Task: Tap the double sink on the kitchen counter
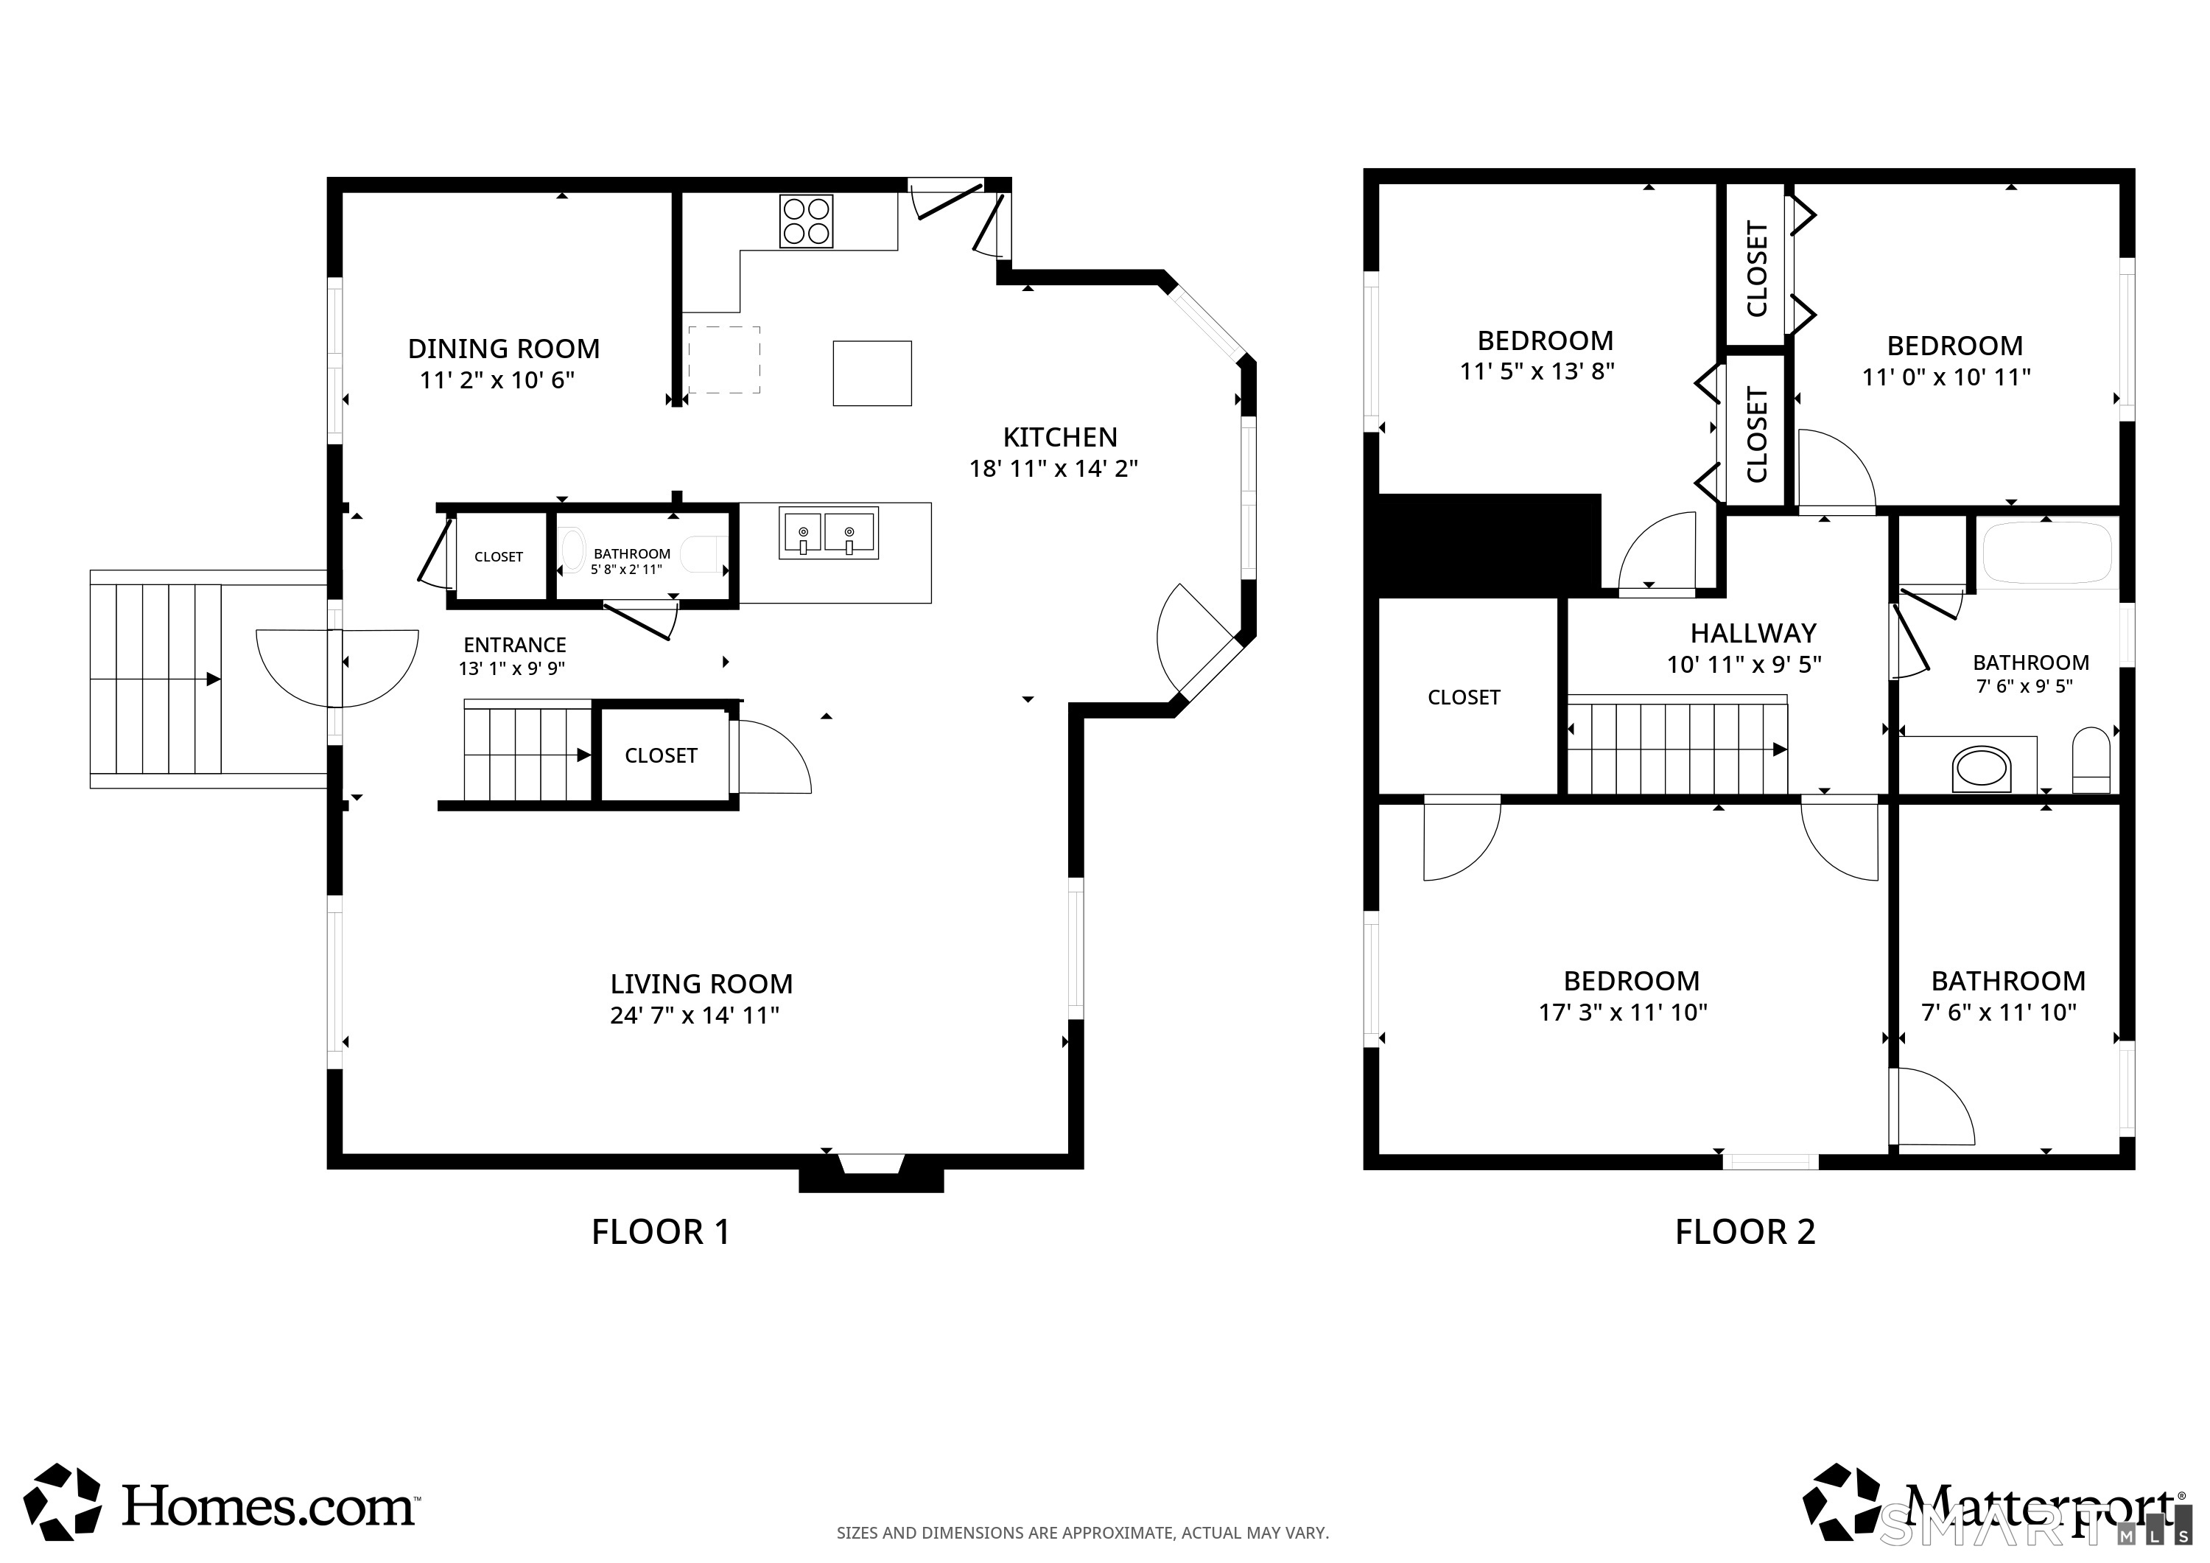tap(828, 534)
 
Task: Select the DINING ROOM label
tap(503, 349)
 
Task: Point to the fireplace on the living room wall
tap(871, 1174)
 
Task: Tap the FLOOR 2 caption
tap(1744, 1231)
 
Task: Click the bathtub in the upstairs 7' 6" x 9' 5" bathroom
tap(2046, 553)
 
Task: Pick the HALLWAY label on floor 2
tap(1753, 633)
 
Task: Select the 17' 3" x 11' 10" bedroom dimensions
tap(1623, 1012)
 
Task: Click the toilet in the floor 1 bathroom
tap(701, 555)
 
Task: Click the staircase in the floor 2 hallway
tap(1677, 747)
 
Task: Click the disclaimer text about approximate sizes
tap(1082, 1532)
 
